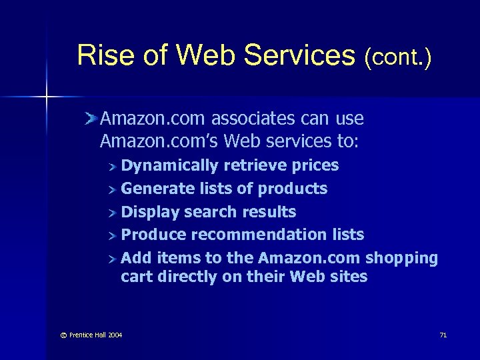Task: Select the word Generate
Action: (x=157, y=189)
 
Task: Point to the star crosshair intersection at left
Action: (x=46, y=98)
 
